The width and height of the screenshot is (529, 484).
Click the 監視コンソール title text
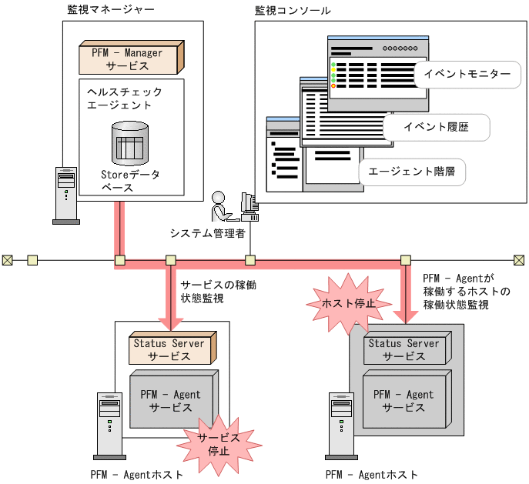[x=293, y=11]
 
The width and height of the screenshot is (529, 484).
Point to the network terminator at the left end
[x=7, y=260]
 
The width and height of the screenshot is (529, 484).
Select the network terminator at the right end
[x=519, y=260]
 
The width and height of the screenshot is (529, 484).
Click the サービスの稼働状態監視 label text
[x=218, y=291]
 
